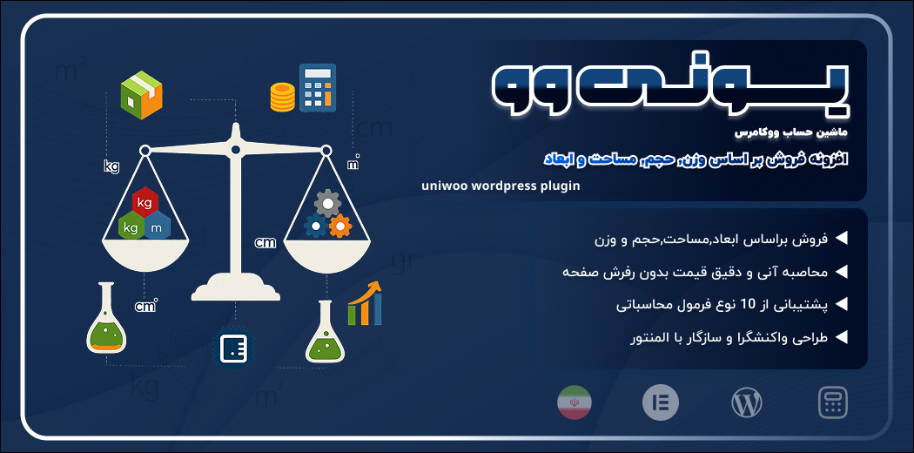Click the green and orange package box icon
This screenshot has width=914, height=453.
pyautogui.click(x=141, y=95)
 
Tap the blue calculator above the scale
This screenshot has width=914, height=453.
pyautogui.click(x=318, y=87)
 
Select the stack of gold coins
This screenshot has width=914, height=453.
pyautogui.click(x=283, y=97)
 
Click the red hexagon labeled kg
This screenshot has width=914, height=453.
pyautogui.click(x=144, y=202)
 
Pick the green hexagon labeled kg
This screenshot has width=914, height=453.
pyautogui.click(x=131, y=226)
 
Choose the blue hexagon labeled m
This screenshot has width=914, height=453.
pyautogui.click(x=157, y=226)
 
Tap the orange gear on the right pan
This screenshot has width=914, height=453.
pyautogui.click(x=339, y=226)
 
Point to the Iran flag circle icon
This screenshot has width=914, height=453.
pyautogui.click(x=575, y=402)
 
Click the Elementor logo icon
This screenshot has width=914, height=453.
pyautogui.click(x=661, y=402)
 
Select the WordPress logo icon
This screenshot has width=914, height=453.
pyautogui.click(x=747, y=402)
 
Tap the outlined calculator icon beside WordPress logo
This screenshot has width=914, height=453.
pyautogui.click(x=832, y=402)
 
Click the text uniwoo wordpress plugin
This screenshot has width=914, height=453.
pyautogui.click(x=501, y=186)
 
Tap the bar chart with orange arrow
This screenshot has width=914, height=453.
pyautogui.click(x=365, y=302)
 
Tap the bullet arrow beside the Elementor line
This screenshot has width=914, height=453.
pyautogui.click(x=841, y=337)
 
